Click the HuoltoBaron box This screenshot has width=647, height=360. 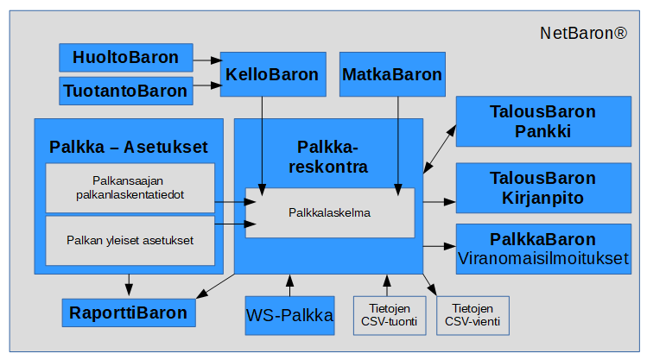(x=125, y=58)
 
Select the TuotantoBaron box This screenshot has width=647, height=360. (x=125, y=90)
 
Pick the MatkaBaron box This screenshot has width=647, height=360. (x=392, y=74)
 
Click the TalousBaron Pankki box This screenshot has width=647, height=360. (x=542, y=122)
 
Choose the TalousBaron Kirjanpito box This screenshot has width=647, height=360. (x=542, y=188)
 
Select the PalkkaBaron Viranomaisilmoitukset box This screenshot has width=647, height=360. (x=542, y=249)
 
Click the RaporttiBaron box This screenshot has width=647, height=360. (x=129, y=313)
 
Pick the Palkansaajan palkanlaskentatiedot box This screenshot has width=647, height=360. (x=129, y=188)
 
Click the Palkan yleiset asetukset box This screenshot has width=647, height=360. (x=129, y=240)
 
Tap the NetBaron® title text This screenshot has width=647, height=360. (x=583, y=35)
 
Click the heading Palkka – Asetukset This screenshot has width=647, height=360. (x=129, y=147)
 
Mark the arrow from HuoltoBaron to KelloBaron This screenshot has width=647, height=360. (x=206, y=60)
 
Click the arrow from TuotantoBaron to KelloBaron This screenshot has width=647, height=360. (x=206, y=85)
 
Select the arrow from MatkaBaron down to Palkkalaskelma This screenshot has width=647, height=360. (x=397, y=142)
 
